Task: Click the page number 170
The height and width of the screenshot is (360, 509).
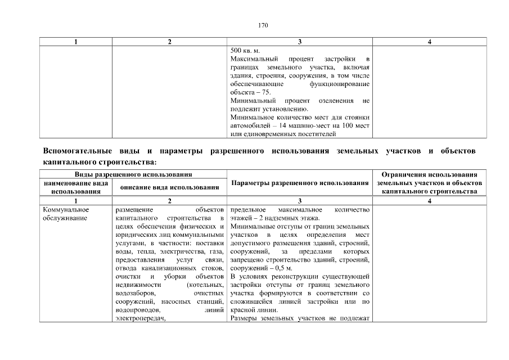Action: coord(263,25)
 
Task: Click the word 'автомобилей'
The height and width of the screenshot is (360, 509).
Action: coord(250,125)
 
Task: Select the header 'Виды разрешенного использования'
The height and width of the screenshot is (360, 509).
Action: coord(133,175)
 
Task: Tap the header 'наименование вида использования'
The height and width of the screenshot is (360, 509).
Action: coord(76,187)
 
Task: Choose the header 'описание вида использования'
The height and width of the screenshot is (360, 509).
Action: coord(169,187)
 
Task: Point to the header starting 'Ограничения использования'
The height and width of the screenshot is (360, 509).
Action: coord(430,175)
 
